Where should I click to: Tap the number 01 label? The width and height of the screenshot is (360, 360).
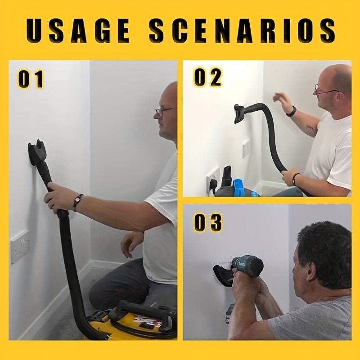31,79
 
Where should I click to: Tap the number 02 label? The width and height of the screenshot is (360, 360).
207,78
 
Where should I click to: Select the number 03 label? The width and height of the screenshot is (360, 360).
207,222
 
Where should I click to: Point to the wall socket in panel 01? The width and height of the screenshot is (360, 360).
20,246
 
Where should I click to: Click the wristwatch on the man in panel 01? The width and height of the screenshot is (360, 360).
78,202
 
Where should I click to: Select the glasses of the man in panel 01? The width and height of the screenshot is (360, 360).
163,110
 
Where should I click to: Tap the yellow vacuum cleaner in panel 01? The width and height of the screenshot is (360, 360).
135,322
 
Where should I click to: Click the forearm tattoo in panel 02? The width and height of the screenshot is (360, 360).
310,127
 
